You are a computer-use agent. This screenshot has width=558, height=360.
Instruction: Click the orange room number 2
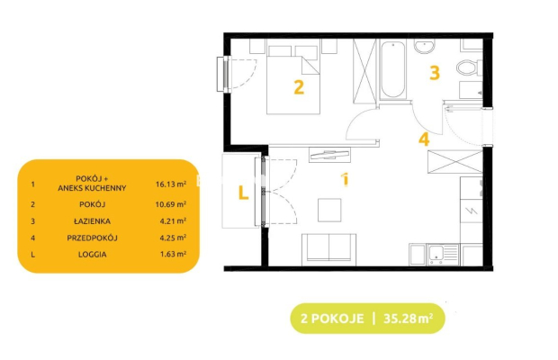(x=299, y=87)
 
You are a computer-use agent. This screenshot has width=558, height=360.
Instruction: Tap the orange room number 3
(x=435, y=73)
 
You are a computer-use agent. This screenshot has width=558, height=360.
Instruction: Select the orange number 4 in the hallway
(x=424, y=139)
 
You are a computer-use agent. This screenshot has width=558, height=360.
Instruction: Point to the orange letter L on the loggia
(x=243, y=193)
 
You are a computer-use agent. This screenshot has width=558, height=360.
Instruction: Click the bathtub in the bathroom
(x=393, y=69)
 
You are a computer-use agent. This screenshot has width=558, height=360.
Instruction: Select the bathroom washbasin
(x=424, y=46)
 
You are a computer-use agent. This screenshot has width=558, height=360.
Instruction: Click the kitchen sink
(x=443, y=255)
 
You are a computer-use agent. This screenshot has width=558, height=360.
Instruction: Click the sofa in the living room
(x=328, y=249)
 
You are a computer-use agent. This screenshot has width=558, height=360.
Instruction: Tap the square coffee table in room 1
(x=329, y=210)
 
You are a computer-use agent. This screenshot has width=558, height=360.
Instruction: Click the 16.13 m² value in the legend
(x=171, y=184)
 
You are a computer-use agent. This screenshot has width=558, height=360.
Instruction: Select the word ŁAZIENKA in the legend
(x=92, y=220)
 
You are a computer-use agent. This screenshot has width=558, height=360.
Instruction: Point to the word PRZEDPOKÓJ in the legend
(x=92, y=238)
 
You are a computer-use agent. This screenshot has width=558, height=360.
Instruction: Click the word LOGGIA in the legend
(x=92, y=255)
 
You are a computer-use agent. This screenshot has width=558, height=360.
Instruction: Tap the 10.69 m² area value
(x=171, y=204)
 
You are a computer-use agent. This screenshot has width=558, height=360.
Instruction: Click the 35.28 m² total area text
(x=409, y=318)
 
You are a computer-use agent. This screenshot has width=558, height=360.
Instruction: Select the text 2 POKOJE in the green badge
(x=332, y=318)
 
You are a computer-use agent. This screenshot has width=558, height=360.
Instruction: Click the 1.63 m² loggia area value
(x=173, y=254)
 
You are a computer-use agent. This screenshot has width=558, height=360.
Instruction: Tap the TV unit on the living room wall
(x=329, y=155)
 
